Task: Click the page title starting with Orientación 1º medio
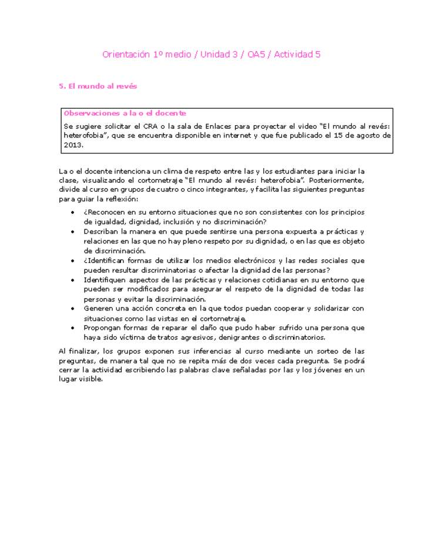[x=211, y=55]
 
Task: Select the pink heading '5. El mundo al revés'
[x=98, y=86]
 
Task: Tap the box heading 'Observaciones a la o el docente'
[x=125, y=113]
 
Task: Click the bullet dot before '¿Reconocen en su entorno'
[x=72, y=212]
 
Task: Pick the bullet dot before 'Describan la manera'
[x=72, y=232]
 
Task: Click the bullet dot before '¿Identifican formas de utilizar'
[x=72, y=260]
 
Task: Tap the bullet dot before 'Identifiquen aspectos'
[x=72, y=280]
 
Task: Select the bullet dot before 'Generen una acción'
[x=72, y=308]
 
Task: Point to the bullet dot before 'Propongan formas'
[x=72, y=328]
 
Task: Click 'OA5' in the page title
[x=257, y=55]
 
